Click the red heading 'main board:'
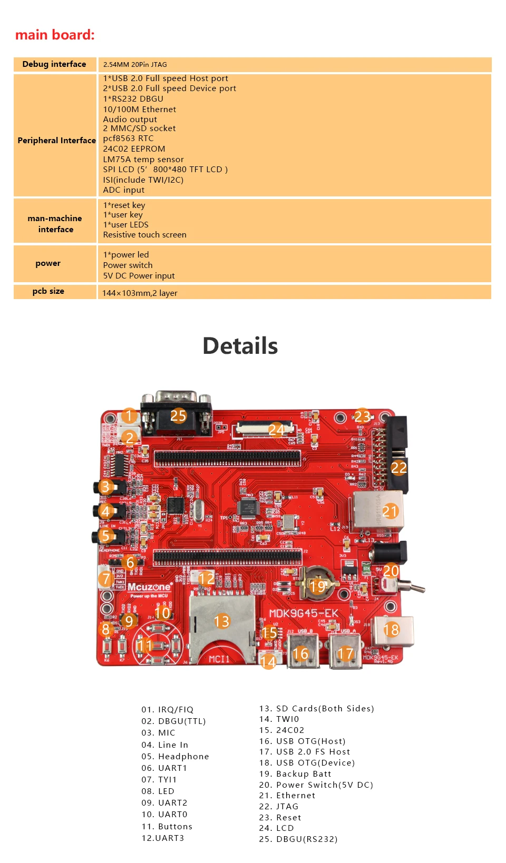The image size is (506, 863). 55,35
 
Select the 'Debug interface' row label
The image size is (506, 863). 54,64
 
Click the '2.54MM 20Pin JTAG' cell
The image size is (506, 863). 135,65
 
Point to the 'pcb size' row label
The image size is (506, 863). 48,291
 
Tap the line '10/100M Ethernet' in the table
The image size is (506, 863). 140,110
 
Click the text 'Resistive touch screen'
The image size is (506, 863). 145,235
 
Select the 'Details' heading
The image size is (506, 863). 240,346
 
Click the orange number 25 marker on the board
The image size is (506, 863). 178,415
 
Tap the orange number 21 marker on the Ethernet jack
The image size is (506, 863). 390,511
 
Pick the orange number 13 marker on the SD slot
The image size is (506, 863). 221,621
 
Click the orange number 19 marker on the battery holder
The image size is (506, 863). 317,586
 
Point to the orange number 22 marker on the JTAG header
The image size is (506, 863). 398,468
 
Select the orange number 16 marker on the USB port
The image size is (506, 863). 300,653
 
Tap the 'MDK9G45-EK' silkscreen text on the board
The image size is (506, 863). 304,613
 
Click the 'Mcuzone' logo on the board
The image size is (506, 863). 149,587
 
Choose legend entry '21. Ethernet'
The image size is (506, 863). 287,796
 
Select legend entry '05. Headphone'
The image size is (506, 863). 175,757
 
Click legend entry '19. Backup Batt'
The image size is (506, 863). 295,774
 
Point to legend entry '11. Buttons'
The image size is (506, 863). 167,827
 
